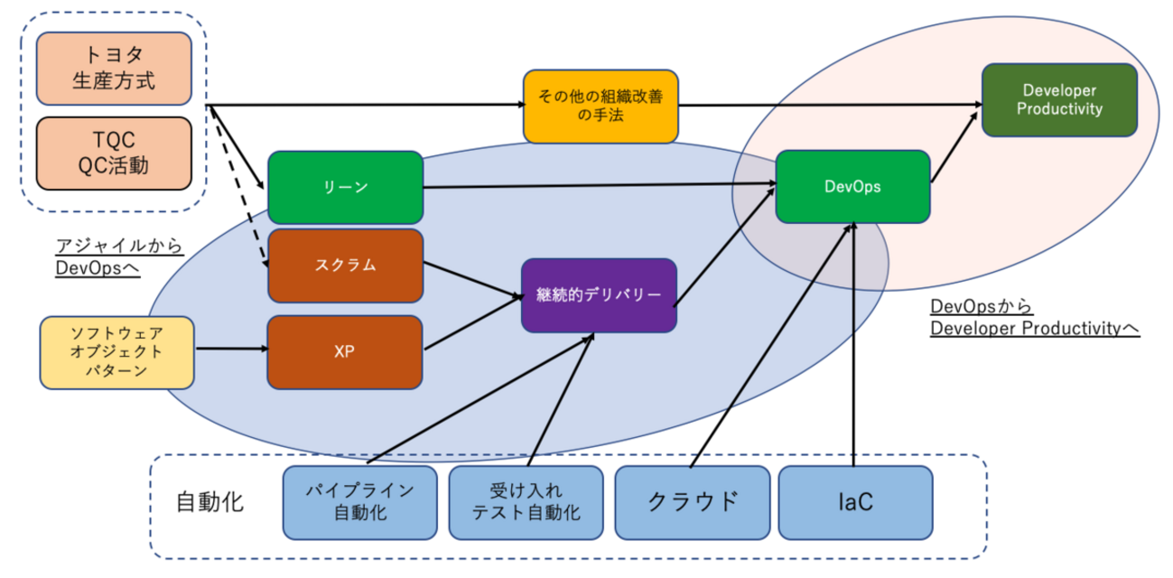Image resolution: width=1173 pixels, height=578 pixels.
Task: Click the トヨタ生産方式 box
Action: tap(114, 69)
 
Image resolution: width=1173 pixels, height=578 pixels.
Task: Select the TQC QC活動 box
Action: tap(114, 153)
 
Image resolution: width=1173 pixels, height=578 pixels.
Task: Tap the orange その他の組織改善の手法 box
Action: tap(600, 105)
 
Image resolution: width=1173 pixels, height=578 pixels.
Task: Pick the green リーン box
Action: tap(345, 187)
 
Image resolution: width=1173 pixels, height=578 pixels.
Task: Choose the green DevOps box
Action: tap(852, 187)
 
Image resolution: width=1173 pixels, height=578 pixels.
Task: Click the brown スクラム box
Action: tap(345, 266)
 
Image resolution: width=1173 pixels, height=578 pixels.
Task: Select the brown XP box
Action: tap(345, 351)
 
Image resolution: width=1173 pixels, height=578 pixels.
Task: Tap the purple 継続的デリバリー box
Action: tap(599, 295)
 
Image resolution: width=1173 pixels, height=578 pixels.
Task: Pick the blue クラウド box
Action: tap(692, 501)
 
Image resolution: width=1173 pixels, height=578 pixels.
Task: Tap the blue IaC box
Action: tap(854, 501)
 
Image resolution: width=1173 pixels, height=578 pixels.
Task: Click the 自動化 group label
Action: tap(209, 501)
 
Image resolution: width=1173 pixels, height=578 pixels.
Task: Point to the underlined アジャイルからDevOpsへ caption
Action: tap(119, 257)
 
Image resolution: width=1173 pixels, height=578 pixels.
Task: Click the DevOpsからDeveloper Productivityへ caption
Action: tap(1034, 319)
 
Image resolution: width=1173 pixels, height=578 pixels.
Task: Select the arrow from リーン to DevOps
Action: tap(596, 185)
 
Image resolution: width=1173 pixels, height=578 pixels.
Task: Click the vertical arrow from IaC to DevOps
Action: tap(853, 343)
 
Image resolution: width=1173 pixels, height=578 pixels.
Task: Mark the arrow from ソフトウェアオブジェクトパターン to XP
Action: tap(230, 349)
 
